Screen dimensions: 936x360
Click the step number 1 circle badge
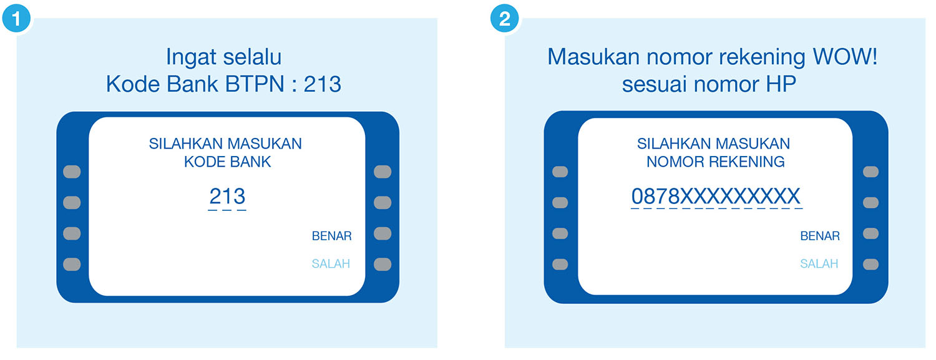coord(15,18)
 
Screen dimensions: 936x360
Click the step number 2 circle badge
coord(504,18)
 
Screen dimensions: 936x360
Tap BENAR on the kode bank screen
coord(331,236)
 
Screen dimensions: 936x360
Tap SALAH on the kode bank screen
coord(331,264)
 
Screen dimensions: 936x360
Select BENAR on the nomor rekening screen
coord(820,236)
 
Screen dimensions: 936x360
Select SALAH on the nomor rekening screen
coord(819,264)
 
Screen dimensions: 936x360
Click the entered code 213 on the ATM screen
coord(227,197)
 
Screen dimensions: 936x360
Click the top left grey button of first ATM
coord(72,172)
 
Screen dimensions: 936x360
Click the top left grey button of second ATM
coord(560,172)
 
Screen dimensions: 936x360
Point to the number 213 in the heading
coord(322,84)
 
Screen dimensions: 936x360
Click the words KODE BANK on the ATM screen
coord(228,162)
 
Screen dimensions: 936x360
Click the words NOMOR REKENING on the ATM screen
coord(715,162)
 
